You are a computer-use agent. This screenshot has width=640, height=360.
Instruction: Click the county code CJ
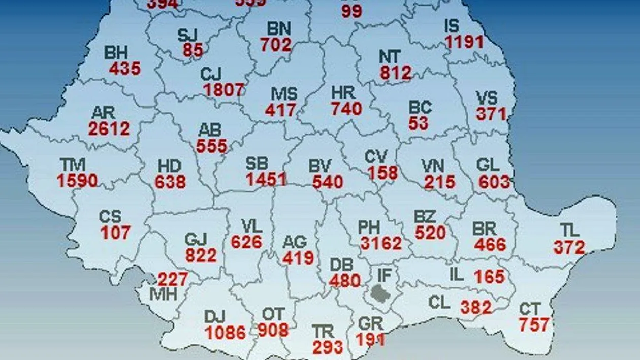point(211,75)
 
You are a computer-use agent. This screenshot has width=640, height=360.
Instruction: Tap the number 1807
point(224,90)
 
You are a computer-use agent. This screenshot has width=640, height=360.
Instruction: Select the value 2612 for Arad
point(109,128)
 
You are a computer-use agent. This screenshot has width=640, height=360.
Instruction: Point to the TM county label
point(73,165)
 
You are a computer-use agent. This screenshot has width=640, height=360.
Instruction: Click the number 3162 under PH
point(381,243)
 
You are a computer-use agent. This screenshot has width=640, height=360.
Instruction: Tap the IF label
point(384,276)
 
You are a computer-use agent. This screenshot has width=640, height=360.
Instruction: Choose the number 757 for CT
point(534,324)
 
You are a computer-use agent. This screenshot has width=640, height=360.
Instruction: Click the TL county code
point(570,231)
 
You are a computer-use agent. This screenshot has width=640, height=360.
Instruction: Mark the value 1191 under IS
point(464,42)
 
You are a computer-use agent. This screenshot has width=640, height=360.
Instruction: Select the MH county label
point(164,293)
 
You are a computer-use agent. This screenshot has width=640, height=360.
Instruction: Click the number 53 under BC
point(418,123)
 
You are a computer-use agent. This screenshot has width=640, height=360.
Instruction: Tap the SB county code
point(257,163)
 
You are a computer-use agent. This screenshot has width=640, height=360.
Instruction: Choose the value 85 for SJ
point(193,50)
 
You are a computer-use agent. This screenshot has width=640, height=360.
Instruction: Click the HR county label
point(343,93)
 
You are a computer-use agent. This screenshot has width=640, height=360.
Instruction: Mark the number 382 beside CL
point(476,307)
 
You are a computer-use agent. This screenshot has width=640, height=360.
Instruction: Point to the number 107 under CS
point(115,233)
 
